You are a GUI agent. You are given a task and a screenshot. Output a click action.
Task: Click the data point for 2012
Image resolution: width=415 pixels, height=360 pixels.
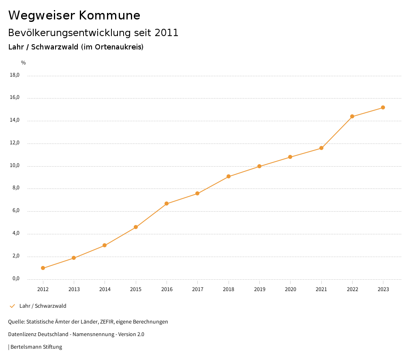[x=43, y=268]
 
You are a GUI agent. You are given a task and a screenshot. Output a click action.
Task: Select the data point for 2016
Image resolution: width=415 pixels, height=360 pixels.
[x=167, y=204]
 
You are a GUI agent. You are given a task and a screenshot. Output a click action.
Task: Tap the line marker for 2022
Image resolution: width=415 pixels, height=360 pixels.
[x=352, y=116]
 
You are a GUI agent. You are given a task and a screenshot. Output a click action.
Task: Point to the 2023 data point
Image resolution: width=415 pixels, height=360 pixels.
[x=383, y=107]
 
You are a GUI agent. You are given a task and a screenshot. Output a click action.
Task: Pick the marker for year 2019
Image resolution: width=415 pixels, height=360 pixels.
[x=259, y=166]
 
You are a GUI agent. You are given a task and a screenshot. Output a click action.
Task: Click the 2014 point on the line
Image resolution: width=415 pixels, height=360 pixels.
[x=105, y=245]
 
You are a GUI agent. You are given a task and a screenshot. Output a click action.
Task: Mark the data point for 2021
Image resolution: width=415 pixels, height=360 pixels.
[x=321, y=148]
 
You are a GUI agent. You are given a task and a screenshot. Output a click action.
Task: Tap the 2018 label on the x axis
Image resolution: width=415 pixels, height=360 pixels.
[x=229, y=289]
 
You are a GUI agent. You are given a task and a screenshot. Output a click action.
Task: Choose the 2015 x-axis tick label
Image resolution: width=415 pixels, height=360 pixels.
[x=136, y=289]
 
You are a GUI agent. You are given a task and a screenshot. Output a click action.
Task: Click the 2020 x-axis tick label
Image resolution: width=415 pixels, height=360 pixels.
[x=291, y=289]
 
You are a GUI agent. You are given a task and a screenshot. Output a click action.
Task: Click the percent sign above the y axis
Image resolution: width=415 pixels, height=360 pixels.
[x=24, y=63]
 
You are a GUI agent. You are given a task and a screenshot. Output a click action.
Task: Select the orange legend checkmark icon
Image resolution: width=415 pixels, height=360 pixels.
[x=12, y=306]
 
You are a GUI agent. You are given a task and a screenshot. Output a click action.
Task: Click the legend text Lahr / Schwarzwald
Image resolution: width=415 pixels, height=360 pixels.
[x=43, y=306]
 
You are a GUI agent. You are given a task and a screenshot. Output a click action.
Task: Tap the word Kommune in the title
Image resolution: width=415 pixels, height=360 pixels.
[x=109, y=15]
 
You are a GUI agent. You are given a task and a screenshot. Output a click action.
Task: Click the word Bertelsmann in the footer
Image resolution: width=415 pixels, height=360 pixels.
[x=26, y=347]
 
